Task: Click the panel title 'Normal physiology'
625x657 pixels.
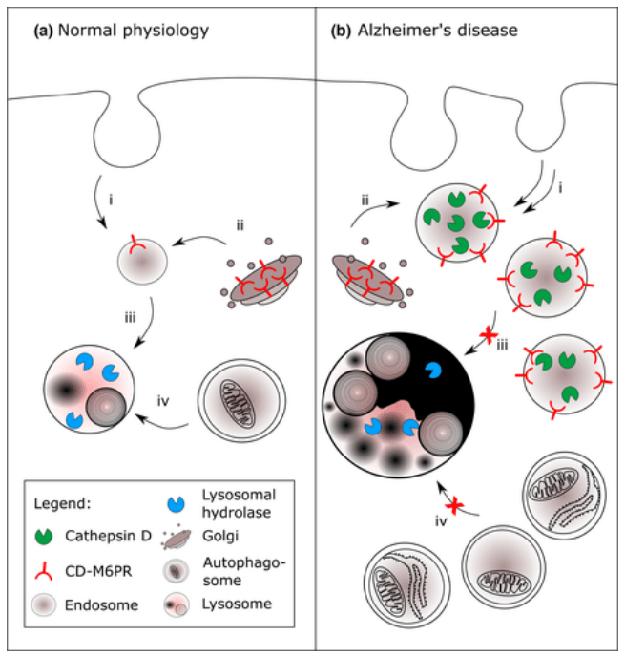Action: pos(133,31)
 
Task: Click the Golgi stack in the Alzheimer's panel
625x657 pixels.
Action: pos(366,278)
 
